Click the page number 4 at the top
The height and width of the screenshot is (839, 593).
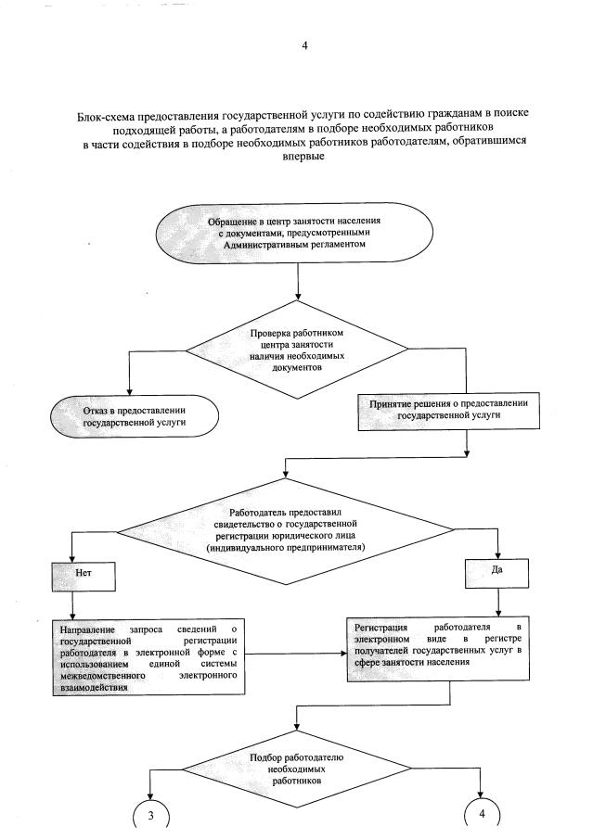coord(303,45)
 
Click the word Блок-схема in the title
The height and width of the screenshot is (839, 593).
coord(110,119)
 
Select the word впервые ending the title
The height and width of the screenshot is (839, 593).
coord(303,159)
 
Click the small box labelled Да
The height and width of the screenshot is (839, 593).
coord(496,568)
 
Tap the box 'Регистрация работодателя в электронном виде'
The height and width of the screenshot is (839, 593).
coord(441,650)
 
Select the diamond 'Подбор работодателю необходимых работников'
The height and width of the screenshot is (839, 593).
coord(298,769)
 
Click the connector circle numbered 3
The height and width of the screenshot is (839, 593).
coord(150,815)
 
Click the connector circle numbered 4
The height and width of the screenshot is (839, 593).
coord(483,815)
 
